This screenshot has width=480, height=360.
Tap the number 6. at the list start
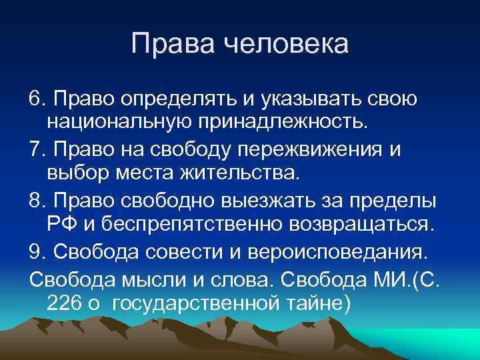click(37, 99)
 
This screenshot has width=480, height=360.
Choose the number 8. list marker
click(37, 199)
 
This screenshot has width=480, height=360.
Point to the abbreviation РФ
click(63, 223)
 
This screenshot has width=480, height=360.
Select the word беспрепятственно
click(180, 223)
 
